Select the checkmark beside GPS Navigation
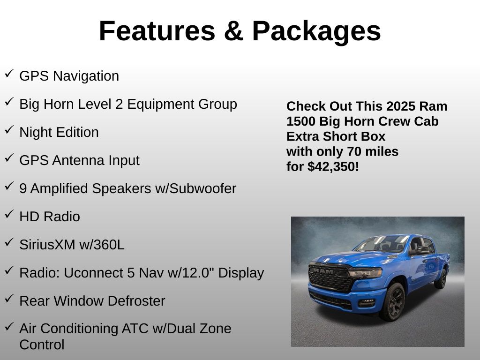point(9,74)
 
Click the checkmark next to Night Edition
point(9,130)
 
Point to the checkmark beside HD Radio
point(9,214)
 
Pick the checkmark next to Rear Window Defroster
point(9,299)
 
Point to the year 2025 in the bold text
point(402,106)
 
